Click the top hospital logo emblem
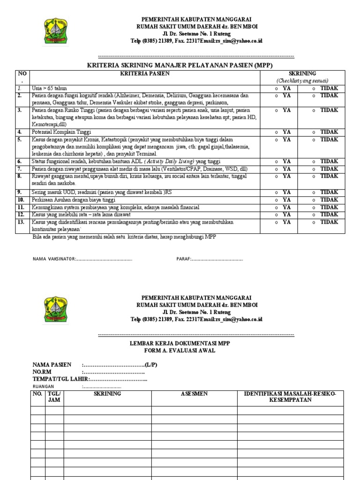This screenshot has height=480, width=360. (55, 30)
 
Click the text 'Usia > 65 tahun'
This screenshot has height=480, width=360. (50, 88)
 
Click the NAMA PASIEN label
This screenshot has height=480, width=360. (52, 365)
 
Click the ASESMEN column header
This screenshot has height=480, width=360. (194, 394)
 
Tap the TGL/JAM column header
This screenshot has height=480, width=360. (54, 397)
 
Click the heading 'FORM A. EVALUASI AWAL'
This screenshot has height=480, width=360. (180, 351)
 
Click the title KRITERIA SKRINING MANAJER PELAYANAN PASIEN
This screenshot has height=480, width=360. (180, 65)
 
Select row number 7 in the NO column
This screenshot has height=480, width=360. (21, 169)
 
